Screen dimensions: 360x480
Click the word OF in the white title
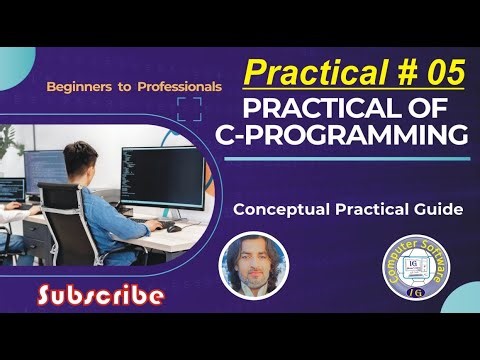(x=435, y=104)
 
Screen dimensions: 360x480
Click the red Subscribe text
(x=100, y=294)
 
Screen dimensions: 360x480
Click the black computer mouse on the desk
(x=175, y=227)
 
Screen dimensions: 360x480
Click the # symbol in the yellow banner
(x=398, y=72)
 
